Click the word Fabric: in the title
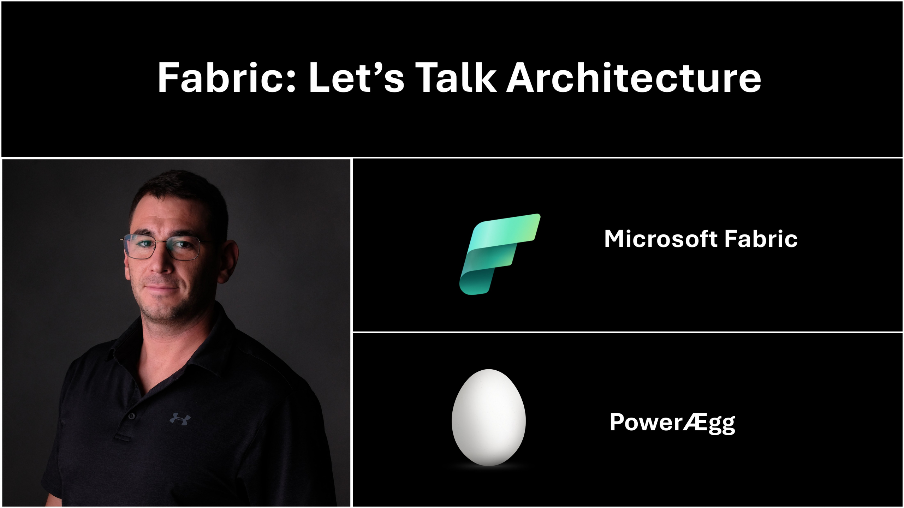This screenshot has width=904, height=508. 226,77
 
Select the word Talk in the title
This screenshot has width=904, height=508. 456,77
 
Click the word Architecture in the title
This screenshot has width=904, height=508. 634,77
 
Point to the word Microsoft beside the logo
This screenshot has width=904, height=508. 661,239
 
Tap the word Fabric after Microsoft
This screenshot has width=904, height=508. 761,239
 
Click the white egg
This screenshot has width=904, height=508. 489,417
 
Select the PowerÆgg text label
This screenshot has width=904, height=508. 672,423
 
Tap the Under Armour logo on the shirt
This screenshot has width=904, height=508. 180,419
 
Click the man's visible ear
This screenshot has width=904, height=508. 227,262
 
